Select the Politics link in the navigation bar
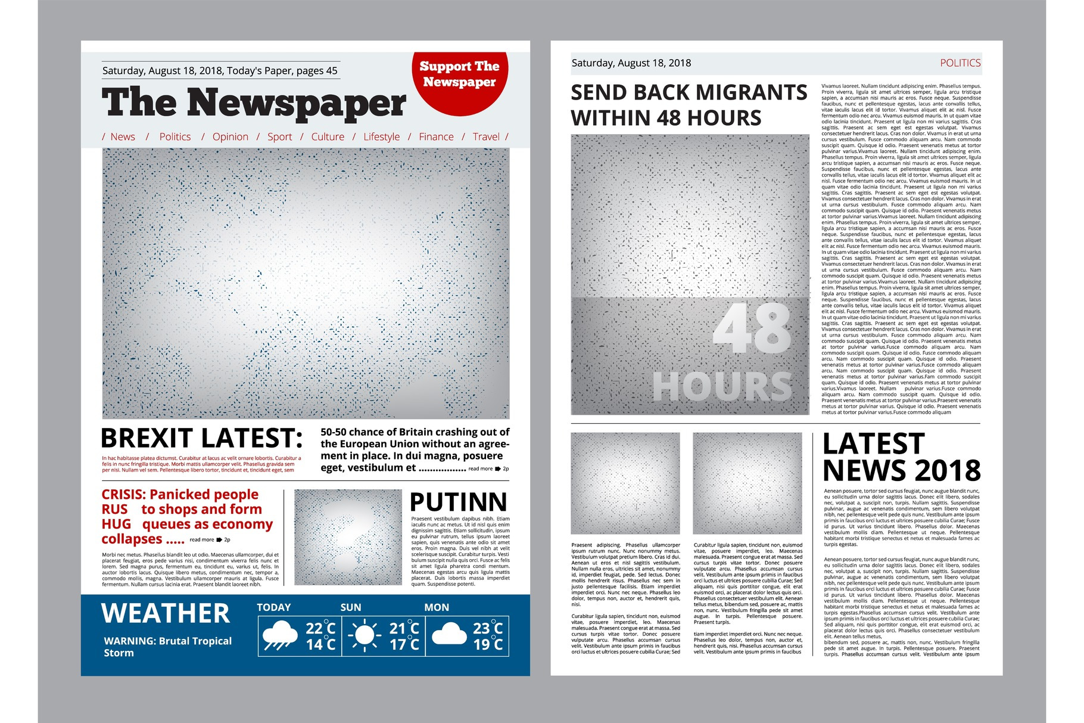click(175, 136)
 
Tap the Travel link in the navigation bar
click(486, 136)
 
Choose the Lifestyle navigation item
click(381, 136)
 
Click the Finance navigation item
click(436, 136)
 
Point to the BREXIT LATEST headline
click(201, 439)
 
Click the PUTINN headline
click(458, 502)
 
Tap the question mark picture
click(348, 537)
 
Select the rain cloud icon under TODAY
click(280, 636)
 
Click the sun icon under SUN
click(365, 636)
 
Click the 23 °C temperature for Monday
click(488, 628)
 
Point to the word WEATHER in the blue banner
click(166, 613)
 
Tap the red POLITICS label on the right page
click(960, 63)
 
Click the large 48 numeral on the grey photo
click(752, 328)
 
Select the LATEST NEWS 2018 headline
click(901, 457)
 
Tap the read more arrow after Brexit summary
click(498, 469)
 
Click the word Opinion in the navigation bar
click(230, 136)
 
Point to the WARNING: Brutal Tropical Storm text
click(167, 647)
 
